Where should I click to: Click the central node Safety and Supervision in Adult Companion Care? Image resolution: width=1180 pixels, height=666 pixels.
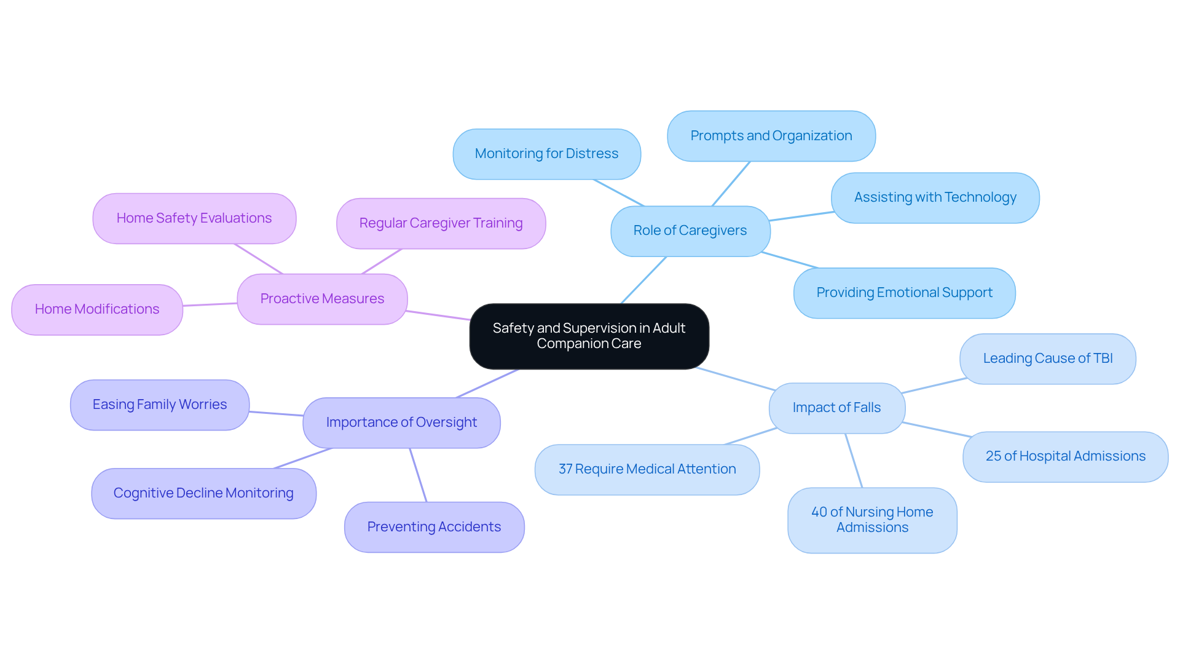pyautogui.click(x=589, y=336)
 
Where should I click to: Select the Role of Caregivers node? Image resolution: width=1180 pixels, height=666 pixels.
pyautogui.click(x=690, y=231)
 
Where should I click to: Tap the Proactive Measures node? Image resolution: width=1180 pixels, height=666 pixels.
pyautogui.click(x=322, y=299)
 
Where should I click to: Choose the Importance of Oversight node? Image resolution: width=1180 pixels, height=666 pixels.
pyautogui.click(x=401, y=422)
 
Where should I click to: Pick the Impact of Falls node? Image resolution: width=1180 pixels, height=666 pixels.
pyautogui.click(x=836, y=408)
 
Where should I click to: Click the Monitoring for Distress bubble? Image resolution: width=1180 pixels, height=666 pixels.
pyautogui.click(x=546, y=154)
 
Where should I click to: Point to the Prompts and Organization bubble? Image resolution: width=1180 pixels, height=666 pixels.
pyautogui.click(x=771, y=136)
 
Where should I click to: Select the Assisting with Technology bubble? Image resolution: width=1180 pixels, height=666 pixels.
pyautogui.click(x=935, y=197)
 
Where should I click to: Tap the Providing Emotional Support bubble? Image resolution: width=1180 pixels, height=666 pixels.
pyautogui.click(x=904, y=293)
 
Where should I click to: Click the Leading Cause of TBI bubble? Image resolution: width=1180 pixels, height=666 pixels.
pyautogui.click(x=1047, y=359)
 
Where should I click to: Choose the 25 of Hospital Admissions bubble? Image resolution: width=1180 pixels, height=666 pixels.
pyautogui.click(x=1065, y=456)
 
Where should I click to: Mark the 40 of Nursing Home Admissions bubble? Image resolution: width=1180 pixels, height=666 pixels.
pyautogui.click(x=871, y=520)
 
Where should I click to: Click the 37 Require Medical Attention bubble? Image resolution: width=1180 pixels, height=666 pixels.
pyautogui.click(x=647, y=469)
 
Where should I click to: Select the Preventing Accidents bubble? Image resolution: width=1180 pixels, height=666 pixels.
pyautogui.click(x=434, y=527)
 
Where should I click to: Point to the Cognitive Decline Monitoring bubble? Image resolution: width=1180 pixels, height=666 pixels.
pyautogui.click(x=203, y=493)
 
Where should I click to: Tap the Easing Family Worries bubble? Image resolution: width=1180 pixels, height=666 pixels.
pyautogui.click(x=160, y=405)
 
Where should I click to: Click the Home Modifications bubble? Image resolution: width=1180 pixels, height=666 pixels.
pyautogui.click(x=97, y=309)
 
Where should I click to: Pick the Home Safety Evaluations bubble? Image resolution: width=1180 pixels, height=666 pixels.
pyautogui.click(x=194, y=218)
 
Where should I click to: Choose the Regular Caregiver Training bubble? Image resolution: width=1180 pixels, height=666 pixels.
pyautogui.click(x=441, y=223)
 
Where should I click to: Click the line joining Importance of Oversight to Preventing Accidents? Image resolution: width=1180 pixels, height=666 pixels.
pyautogui.click(x=418, y=475)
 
